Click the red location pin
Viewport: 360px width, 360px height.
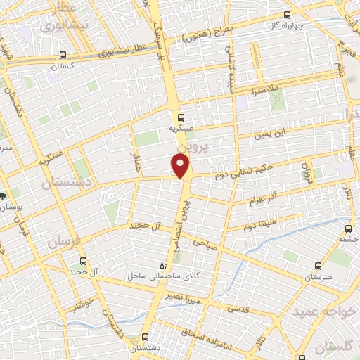tap(181, 166)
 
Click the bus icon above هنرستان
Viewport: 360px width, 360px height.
tap(319, 266)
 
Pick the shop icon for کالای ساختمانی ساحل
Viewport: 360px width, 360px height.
tap(164, 266)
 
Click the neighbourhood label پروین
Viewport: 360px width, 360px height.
tap(184, 145)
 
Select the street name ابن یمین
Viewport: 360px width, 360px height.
tap(270, 131)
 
